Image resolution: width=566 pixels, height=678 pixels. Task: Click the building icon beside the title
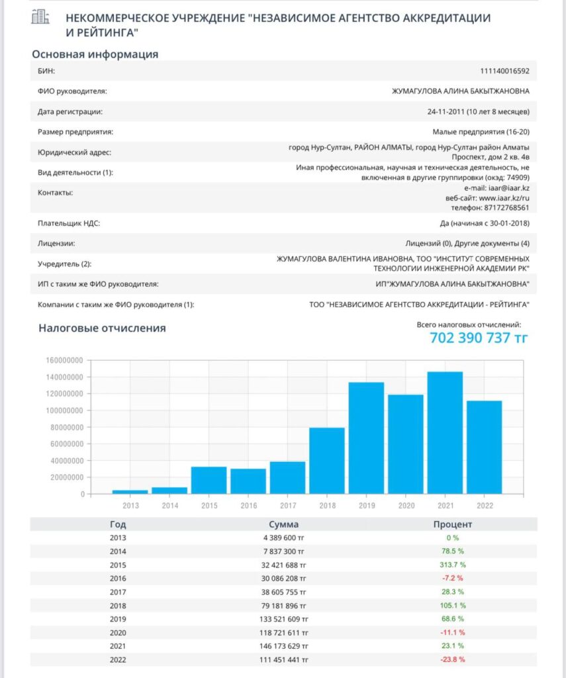(41, 18)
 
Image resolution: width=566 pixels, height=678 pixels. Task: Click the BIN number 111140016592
(504, 71)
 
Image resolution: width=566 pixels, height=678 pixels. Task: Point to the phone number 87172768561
(505, 207)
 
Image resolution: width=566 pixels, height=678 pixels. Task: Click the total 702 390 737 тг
(479, 338)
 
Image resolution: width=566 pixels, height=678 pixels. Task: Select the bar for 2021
(445, 432)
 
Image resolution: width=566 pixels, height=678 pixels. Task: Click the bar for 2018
(327, 461)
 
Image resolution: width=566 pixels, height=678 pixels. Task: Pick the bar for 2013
(130, 492)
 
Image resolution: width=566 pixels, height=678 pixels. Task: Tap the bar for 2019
(366, 438)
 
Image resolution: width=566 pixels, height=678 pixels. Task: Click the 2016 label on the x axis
(248, 505)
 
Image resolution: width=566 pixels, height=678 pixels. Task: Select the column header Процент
(453, 524)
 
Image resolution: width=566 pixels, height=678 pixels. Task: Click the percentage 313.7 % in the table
(453, 565)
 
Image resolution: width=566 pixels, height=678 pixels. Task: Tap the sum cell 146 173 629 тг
(284, 646)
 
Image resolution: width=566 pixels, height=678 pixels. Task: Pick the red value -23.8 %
(453, 659)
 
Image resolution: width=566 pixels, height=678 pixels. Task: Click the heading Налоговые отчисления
(102, 328)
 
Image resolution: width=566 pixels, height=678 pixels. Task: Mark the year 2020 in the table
(118, 632)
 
